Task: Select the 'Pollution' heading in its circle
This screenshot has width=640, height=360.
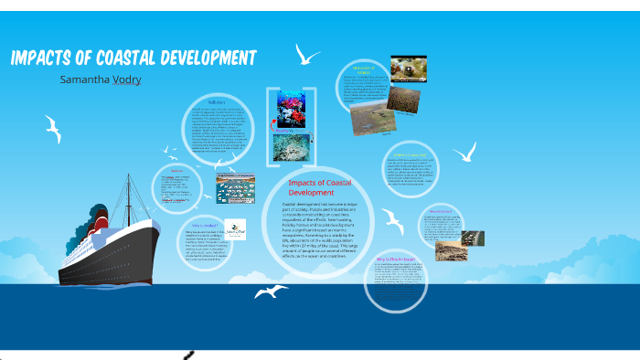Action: tap(217, 102)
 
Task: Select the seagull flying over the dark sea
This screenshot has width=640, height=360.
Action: tap(271, 291)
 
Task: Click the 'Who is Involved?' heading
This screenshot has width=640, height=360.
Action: tap(205, 225)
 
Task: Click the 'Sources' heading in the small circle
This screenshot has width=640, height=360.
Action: tap(176, 170)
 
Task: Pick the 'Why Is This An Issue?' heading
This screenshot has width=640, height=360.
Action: tap(395, 259)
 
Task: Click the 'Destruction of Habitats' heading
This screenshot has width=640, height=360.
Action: tap(364, 71)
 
